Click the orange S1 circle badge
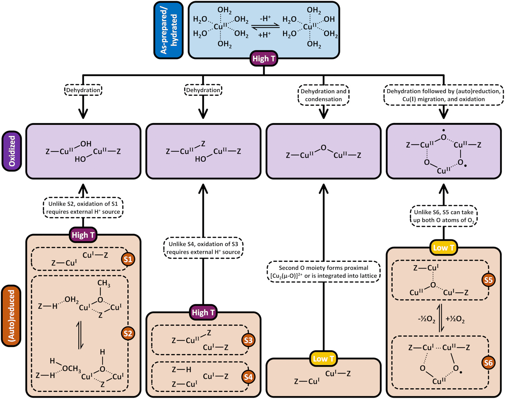click(128, 259)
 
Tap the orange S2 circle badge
click(128, 333)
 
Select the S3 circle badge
click(248, 340)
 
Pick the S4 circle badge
click(248, 377)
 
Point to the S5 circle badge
click(488, 280)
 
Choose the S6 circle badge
click(488, 363)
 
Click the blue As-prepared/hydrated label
click(169, 30)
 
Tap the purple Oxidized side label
click(12, 151)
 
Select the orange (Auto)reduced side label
click(11, 316)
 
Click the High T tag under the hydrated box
click(264, 59)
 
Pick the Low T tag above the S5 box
click(444, 248)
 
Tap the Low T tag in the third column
click(323, 359)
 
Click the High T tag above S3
click(203, 313)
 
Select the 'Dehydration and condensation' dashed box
click(323, 95)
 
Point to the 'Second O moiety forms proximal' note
click(323, 272)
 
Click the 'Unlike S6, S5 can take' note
click(444, 216)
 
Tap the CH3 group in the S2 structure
click(103, 283)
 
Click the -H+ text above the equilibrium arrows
click(265, 19)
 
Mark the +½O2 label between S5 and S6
click(455, 319)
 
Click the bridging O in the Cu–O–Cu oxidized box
click(324, 148)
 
